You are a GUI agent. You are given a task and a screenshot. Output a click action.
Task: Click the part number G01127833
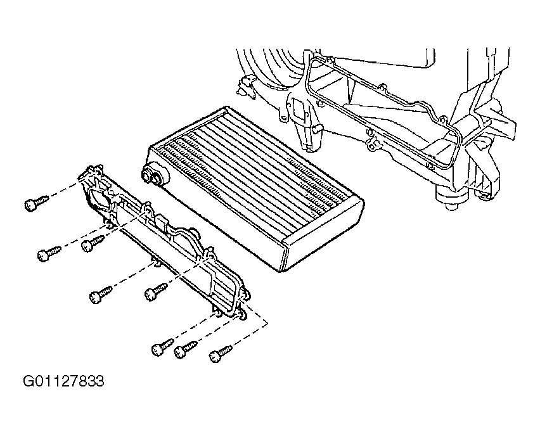click(63, 381)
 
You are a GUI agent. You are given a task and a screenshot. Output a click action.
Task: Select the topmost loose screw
click(36, 203)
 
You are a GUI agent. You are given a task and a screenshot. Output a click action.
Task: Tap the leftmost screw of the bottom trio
click(162, 347)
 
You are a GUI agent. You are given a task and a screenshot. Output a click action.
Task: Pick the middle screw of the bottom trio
click(185, 349)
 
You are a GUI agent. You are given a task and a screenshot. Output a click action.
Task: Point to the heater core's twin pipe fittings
click(155, 174)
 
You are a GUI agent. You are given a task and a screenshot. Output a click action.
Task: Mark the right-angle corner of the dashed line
click(267, 324)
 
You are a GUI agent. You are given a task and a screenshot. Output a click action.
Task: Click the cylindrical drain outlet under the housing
click(452, 197)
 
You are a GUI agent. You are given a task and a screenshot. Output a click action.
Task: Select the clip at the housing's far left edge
click(245, 84)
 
